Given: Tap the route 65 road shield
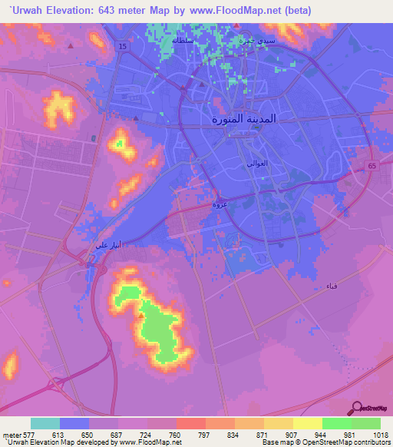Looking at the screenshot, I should pyautogui.click(x=371, y=165).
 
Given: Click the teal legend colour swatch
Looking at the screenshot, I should pyautogui.click(x=45, y=423).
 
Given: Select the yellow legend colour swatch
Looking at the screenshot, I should pyautogui.click(x=308, y=423).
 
